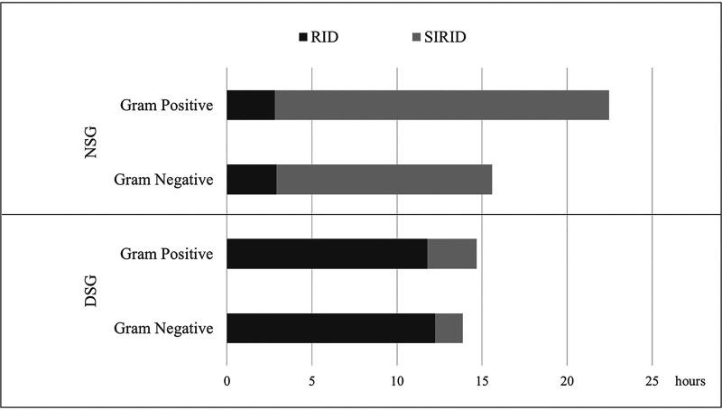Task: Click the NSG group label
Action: click(x=89, y=143)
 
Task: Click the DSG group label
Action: click(x=89, y=292)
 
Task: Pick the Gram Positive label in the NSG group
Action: click(x=167, y=106)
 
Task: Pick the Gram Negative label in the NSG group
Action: click(x=164, y=180)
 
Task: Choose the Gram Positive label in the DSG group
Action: click(x=167, y=254)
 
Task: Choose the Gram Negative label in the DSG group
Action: click(x=164, y=328)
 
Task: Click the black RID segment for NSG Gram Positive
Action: click(x=250, y=106)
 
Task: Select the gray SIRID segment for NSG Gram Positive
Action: click(x=441, y=106)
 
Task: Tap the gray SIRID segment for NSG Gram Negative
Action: click(x=384, y=180)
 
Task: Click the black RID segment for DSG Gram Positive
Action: click(x=326, y=254)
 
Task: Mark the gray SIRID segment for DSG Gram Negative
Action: click(x=449, y=328)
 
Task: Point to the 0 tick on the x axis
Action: click(x=227, y=380)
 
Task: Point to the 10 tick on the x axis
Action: click(x=396, y=380)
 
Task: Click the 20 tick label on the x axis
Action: click(x=567, y=380)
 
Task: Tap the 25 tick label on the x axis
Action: click(x=652, y=380)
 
